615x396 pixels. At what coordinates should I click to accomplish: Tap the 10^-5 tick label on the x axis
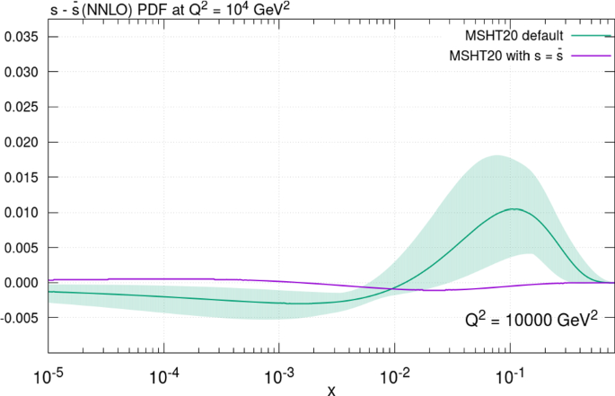tap(48, 370)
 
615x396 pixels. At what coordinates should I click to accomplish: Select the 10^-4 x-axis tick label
tap(163, 370)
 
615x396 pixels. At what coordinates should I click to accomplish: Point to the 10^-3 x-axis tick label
tap(279, 370)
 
